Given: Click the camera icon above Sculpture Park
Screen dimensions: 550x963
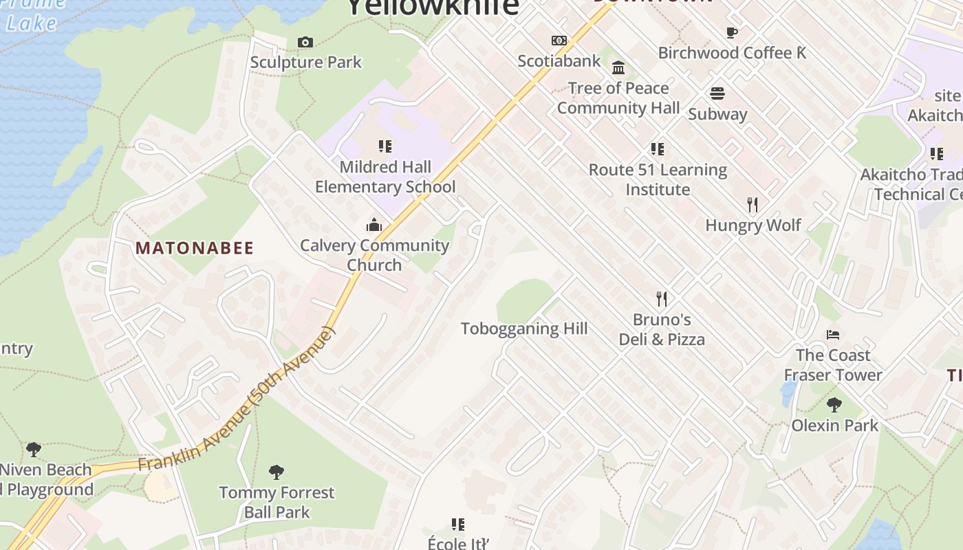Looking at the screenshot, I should tap(305, 43).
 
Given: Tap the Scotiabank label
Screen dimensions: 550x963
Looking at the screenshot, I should tap(559, 61).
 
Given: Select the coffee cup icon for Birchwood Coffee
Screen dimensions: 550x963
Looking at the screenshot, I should tap(732, 32).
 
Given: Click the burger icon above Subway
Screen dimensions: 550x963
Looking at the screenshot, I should tap(717, 93).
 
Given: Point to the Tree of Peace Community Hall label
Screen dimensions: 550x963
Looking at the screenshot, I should tap(618, 98).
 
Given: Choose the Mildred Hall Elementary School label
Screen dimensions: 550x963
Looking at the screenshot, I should tap(385, 177).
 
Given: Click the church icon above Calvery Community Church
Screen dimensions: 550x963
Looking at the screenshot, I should tap(374, 225).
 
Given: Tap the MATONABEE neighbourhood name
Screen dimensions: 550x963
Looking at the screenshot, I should tap(195, 248).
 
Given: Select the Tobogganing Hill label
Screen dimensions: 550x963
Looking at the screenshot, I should tap(524, 329).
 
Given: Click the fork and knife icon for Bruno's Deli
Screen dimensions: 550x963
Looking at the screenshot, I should tap(662, 298).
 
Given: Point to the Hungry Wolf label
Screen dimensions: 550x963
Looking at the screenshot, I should tap(753, 225).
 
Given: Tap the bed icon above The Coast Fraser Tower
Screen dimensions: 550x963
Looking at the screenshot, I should tap(833, 335).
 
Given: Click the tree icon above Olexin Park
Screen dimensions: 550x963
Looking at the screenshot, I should tap(834, 405).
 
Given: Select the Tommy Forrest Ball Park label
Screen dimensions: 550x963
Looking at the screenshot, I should tap(277, 503).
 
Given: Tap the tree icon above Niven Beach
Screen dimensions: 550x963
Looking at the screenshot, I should tap(33, 450).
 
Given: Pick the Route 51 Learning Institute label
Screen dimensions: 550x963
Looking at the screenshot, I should tap(658, 179).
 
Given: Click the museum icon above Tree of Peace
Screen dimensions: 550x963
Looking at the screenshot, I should tap(618, 67).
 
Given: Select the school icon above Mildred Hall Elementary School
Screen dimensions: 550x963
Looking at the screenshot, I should tap(385, 146).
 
